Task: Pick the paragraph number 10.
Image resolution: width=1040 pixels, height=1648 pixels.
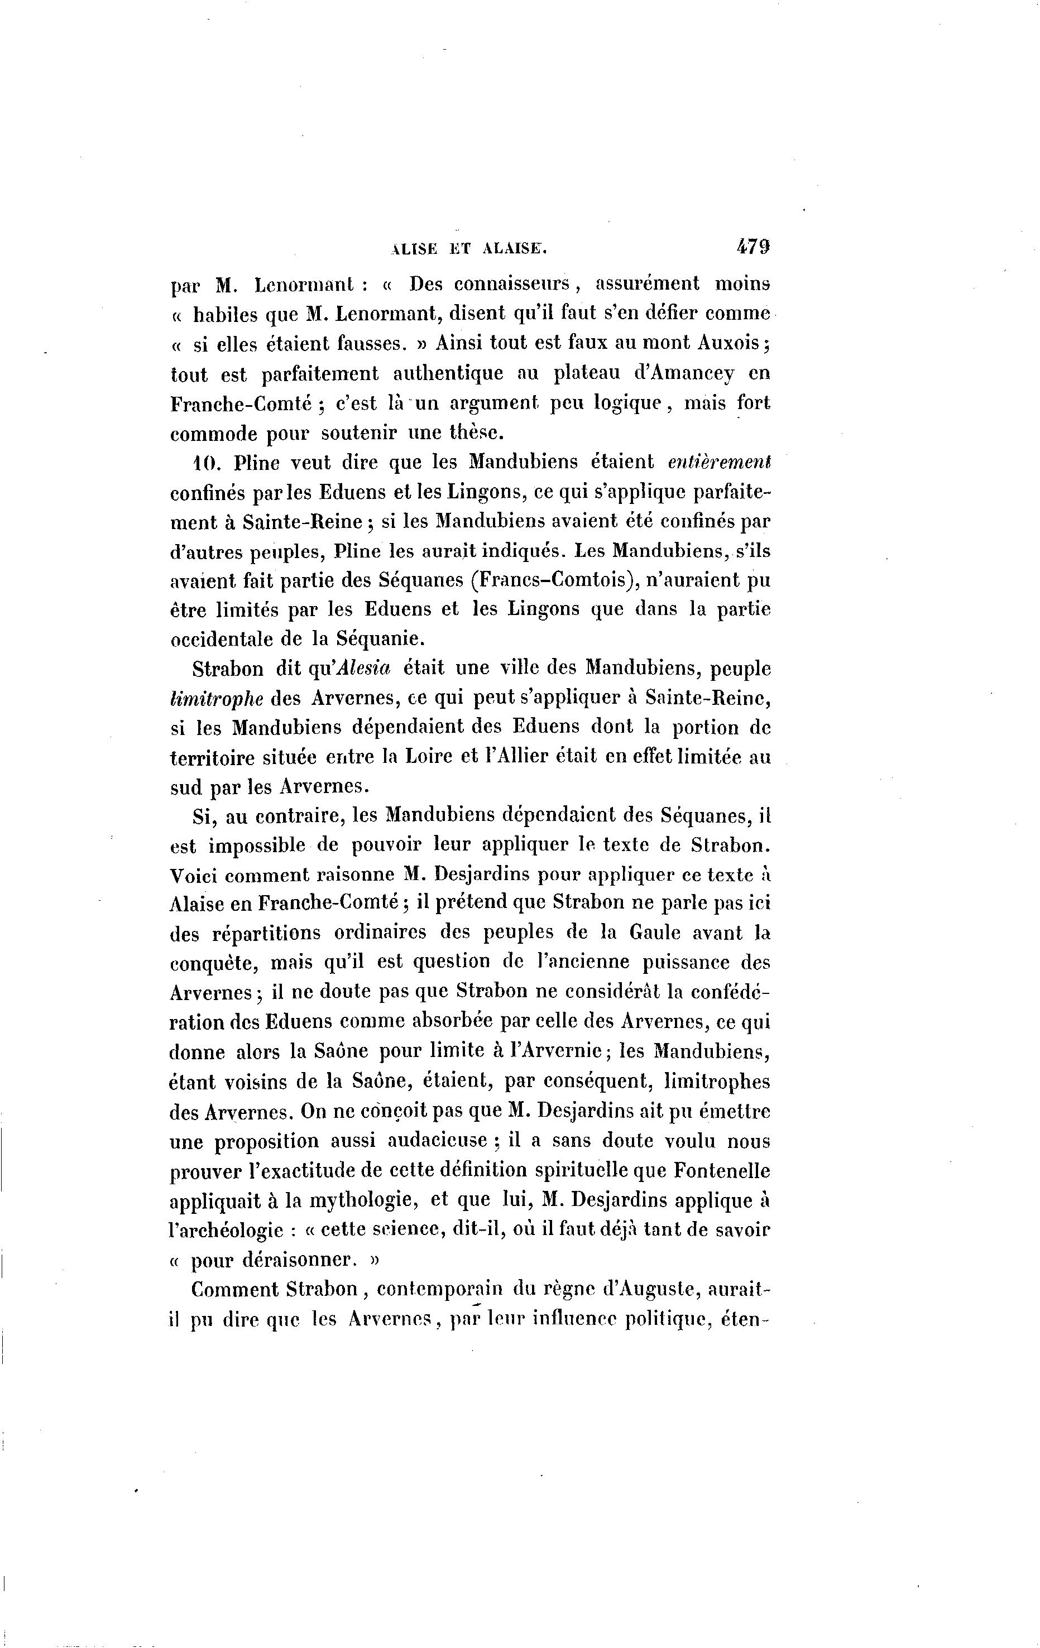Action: (x=205, y=463)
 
